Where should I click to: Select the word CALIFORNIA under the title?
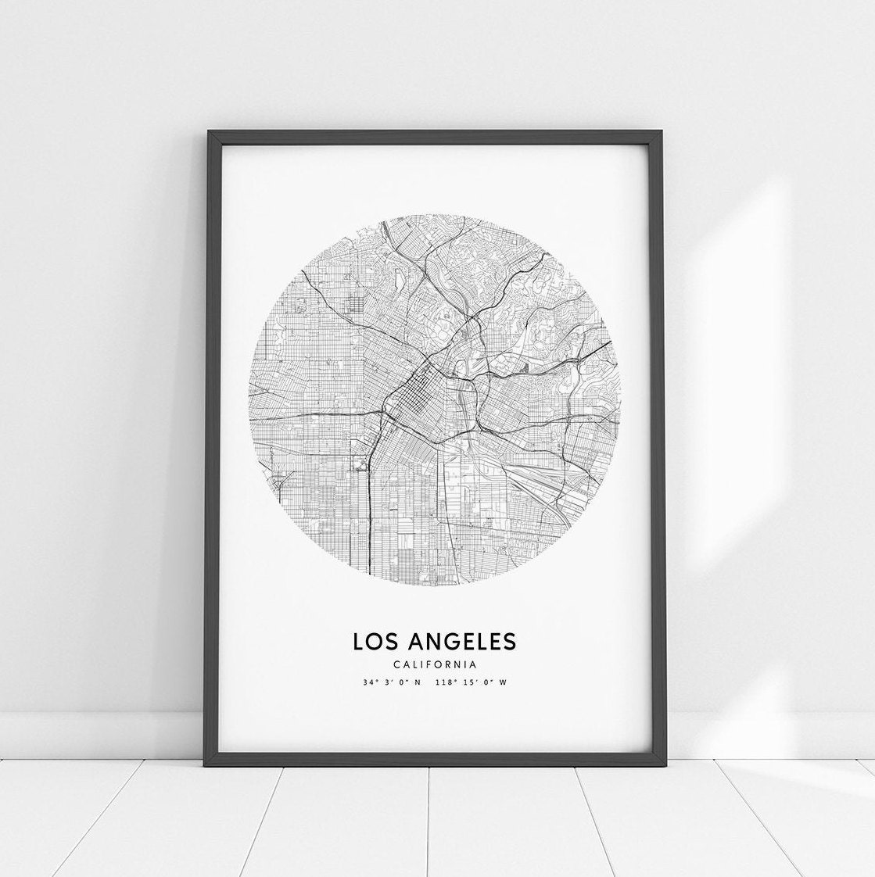coord(435,665)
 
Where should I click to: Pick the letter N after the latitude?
coord(417,682)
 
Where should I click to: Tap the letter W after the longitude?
coord(503,682)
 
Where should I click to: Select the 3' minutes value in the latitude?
coord(387,682)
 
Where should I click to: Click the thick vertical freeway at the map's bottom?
coord(369,508)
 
